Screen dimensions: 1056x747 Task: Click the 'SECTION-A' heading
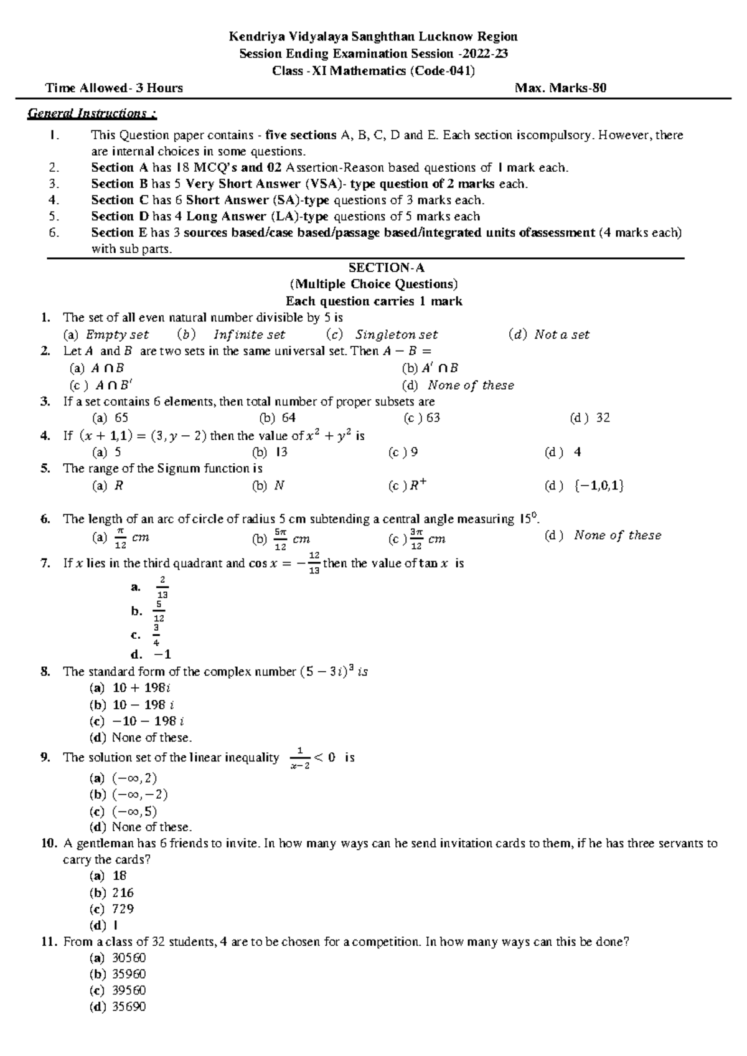pos(386,268)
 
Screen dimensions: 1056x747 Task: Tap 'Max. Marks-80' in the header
pos(560,88)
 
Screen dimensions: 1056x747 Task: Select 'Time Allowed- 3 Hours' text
pos(114,88)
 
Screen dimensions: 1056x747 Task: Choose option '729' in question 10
pos(123,908)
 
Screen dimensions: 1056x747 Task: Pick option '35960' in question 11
pos(128,974)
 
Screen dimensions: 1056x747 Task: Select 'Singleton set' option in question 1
pos(397,334)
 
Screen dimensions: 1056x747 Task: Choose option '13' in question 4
pos(281,452)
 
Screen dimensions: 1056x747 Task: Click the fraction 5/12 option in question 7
pos(159,611)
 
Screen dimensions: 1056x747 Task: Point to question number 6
pos(45,519)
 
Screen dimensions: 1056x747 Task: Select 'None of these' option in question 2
pos(471,385)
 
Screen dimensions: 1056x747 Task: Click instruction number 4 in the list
pos(54,200)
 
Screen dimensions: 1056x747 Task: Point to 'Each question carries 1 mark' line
pos(374,301)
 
